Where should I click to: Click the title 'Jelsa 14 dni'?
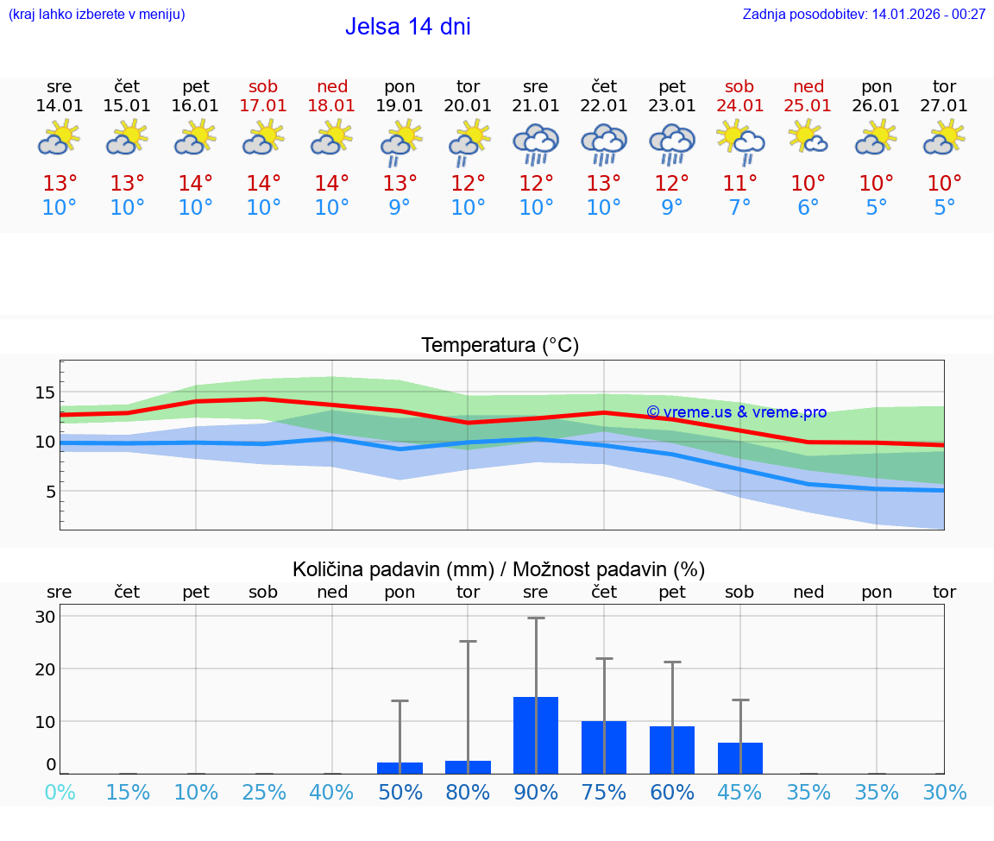click(408, 27)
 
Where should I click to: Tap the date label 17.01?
click(263, 105)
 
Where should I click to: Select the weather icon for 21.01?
click(536, 142)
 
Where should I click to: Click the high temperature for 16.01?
click(196, 184)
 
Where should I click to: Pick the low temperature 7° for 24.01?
click(740, 208)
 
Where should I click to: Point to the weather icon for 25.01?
click(808, 138)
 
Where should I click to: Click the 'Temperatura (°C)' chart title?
click(500, 346)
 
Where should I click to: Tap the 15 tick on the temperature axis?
click(45, 392)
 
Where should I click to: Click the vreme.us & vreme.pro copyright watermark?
click(736, 412)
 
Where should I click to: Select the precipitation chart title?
click(499, 569)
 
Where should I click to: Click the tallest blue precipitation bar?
click(536, 735)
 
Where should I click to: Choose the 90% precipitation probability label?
click(536, 793)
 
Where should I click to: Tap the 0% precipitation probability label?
click(60, 793)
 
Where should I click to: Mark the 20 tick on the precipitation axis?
click(45, 668)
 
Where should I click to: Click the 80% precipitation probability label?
click(468, 793)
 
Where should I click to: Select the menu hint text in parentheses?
click(97, 14)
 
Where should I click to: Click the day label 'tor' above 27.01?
click(944, 86)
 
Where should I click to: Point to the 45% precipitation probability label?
click(740, 793)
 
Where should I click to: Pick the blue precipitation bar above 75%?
click(604, 747)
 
